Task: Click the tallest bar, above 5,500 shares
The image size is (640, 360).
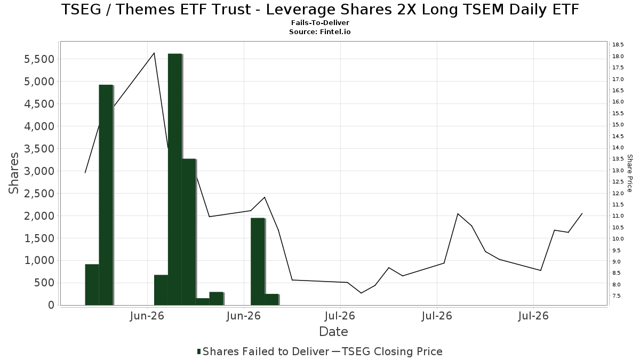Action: click(175, 179)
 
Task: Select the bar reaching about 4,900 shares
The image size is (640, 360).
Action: click(106, 195)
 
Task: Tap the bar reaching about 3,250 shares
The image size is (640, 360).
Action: click(189, 232)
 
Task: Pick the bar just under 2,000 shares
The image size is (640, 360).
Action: click(258, 262)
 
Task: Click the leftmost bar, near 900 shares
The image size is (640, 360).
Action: click(92, 285)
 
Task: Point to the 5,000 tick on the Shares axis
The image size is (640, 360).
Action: click(39, 82)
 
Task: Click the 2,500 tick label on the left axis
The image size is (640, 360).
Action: click(39, 194)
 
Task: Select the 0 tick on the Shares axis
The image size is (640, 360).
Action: click(51, 305)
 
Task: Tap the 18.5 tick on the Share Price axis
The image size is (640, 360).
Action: click(618, 45)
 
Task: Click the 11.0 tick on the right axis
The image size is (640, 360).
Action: click(618, 216)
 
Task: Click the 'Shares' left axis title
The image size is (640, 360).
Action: click(13, 173)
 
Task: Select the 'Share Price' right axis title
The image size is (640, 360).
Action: click(629, 173)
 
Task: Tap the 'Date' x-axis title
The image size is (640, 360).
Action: click(333, 332)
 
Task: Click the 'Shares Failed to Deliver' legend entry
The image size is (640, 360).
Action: click(263, 351)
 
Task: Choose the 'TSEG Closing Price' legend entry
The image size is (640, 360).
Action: click(387, 351)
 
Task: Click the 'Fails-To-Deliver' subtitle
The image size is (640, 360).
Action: click(320, 22)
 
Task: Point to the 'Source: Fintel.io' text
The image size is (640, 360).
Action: click(320, 31)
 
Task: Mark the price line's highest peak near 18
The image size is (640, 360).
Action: click(154, 53)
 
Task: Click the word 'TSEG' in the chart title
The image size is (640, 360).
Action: click(82, 10)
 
